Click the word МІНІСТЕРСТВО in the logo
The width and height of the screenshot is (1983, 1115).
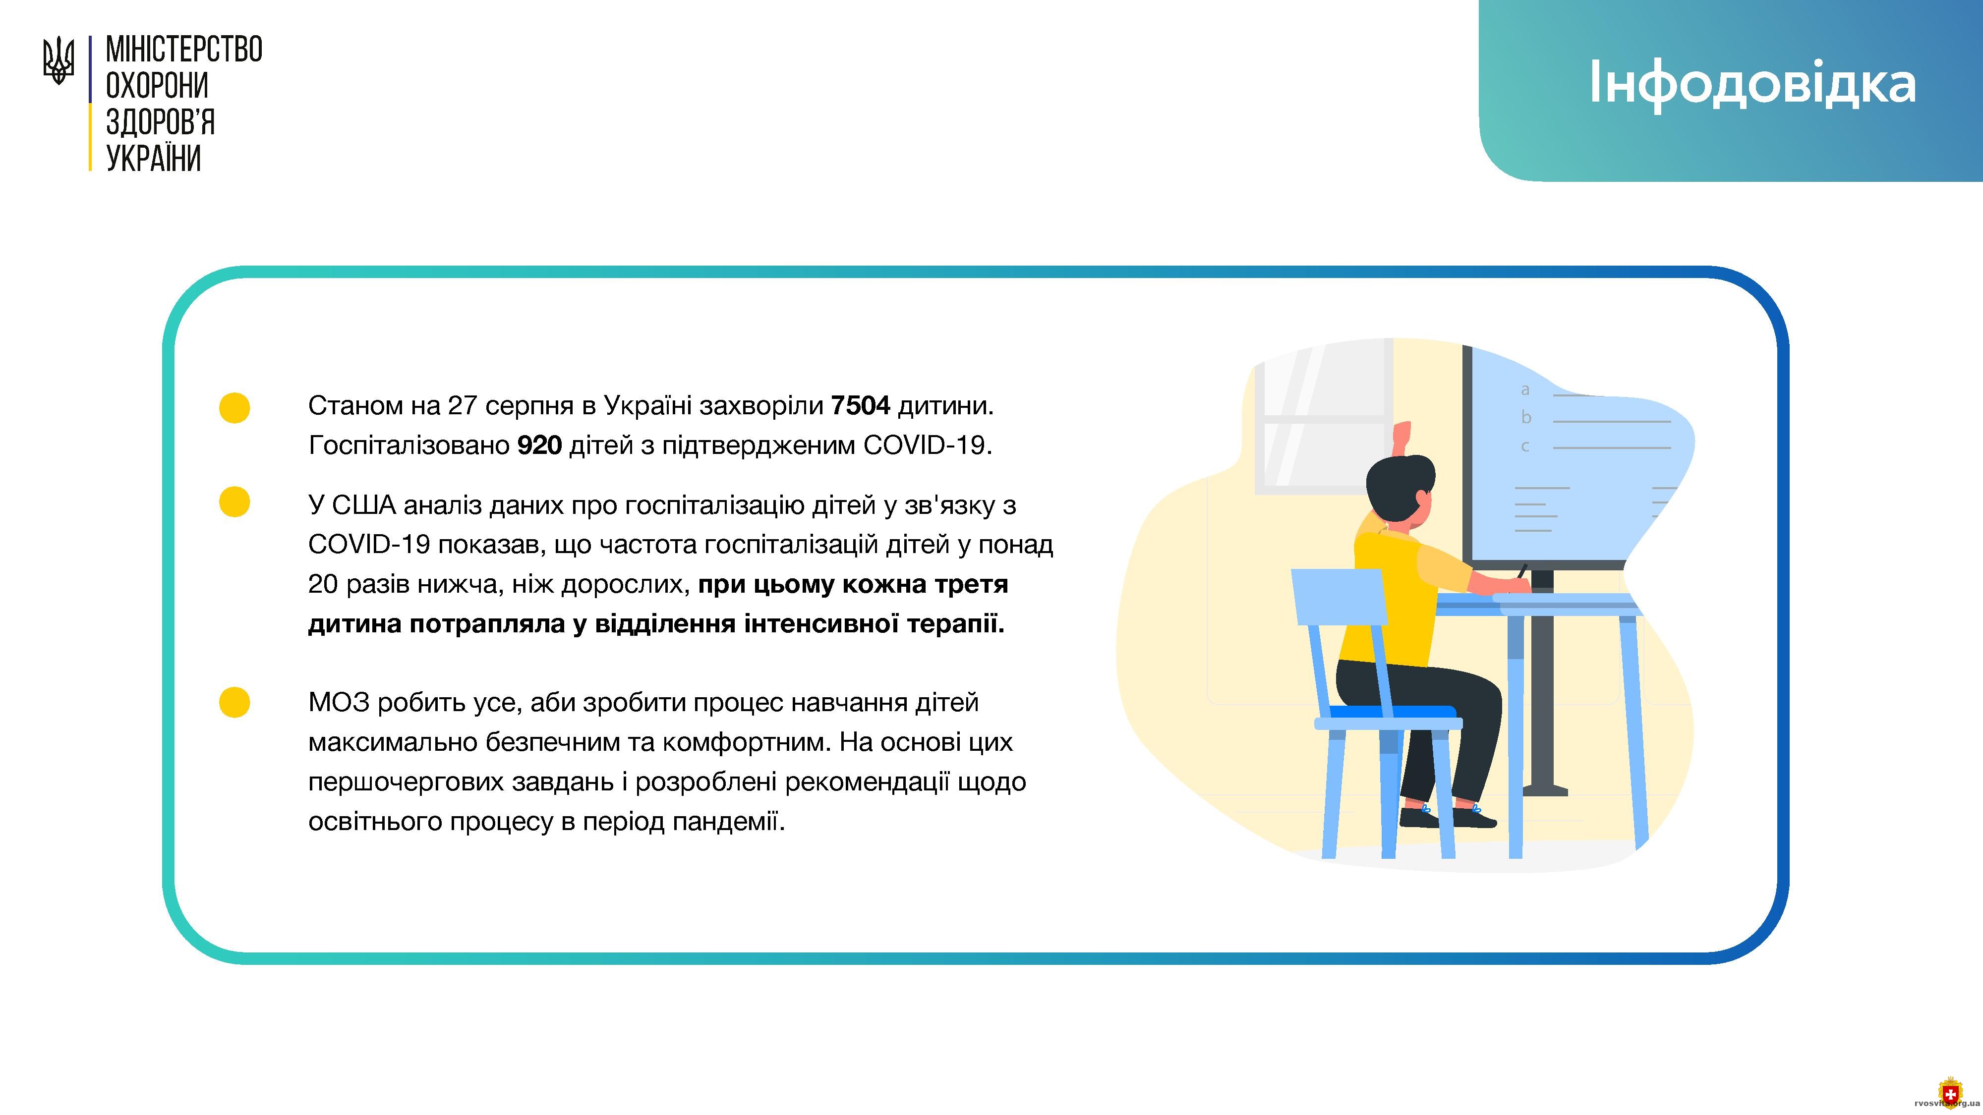pyautogui.click(x=184, y=50)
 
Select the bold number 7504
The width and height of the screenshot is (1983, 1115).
pyautogui.click(x=861, y=405)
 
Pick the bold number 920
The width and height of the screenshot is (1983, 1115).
pyautogui.click(x=540, y=445)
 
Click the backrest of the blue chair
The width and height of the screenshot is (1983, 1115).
pyautogui.click(x=1339, y=596)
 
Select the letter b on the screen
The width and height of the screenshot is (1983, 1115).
pyautogui.click(x=1526, y=417)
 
